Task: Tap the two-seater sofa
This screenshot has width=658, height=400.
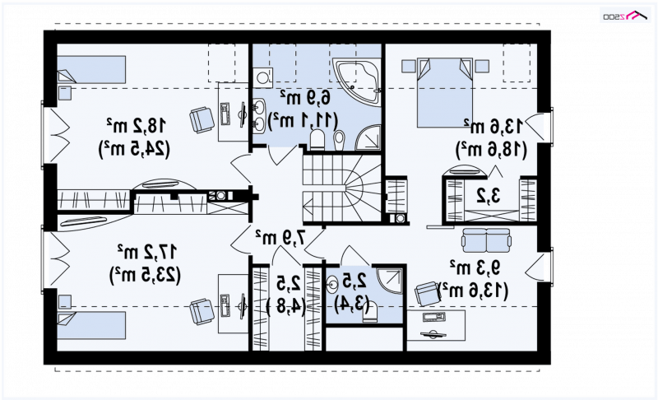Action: (x=486, y=240)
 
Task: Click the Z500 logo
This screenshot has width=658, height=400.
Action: (x=624, y=16)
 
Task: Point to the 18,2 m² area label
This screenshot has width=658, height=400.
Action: (x=137, y=125)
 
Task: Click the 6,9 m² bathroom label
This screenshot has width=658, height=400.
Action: (x=305, y=98)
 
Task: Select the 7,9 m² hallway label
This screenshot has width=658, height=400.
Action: (x=280, y=238)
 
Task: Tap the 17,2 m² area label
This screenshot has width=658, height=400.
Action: (x=147, y=252)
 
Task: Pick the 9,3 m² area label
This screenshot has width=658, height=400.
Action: (x=475, y=267)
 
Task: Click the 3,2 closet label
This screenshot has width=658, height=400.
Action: (x=489, y=196)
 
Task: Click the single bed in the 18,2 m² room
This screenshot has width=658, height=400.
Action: (x=91, y=70)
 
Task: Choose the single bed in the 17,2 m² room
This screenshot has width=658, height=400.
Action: (x=91, y=325)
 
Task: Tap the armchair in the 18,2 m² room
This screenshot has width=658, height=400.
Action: (x=202, y=120)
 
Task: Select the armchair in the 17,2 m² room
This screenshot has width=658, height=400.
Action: (x=202, y=311)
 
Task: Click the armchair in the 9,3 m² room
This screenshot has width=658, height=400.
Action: (x=427, y=293)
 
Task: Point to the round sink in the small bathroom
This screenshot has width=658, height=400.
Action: (x=332, y=285)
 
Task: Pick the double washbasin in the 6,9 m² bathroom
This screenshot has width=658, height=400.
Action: (x=258, y=117)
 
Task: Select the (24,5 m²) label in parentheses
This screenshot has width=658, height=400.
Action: (x=134, y=150)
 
